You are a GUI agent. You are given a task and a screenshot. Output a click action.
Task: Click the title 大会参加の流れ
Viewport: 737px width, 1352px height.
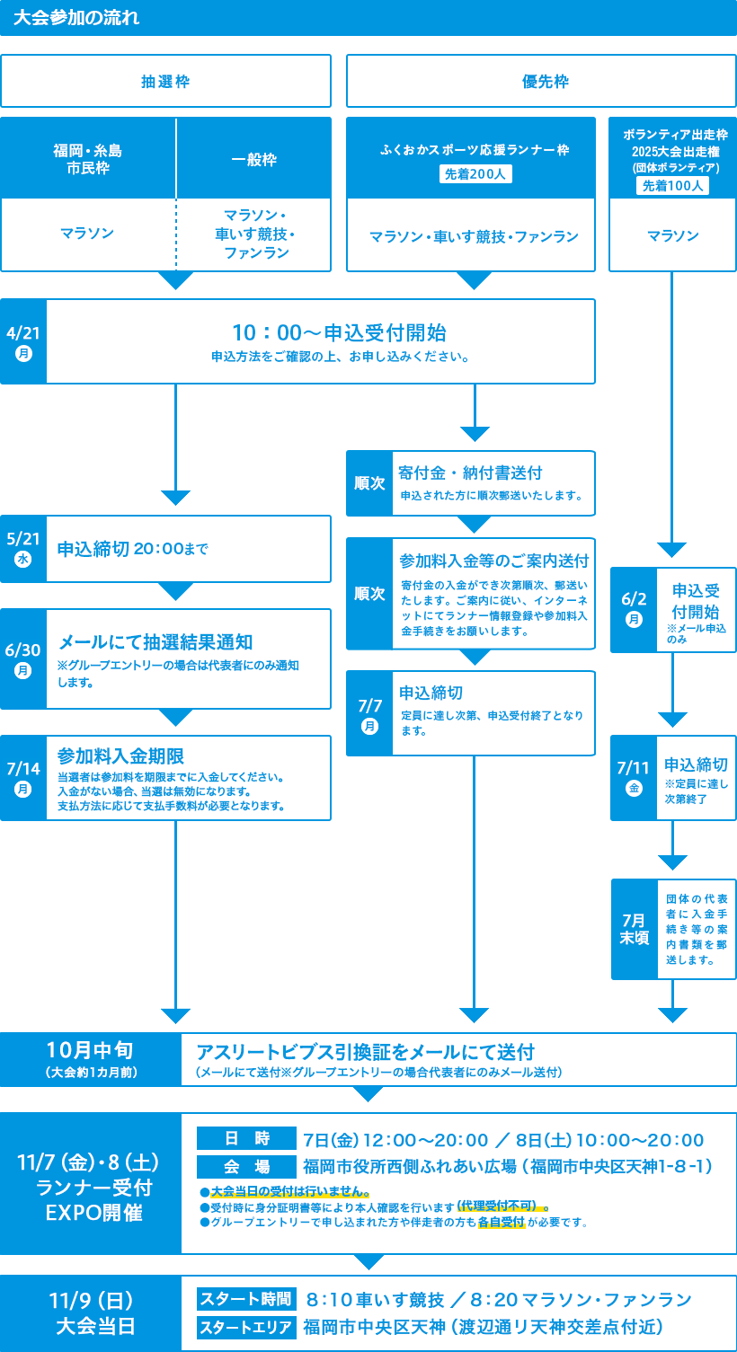[x=76, y=18]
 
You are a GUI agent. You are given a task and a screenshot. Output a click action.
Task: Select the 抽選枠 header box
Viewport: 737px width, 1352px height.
[x=165, y=81]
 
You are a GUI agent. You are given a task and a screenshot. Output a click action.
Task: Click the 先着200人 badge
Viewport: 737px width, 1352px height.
[x=475, y=174]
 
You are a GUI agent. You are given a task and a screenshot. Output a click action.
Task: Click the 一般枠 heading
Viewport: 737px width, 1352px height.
[x=253, y=160]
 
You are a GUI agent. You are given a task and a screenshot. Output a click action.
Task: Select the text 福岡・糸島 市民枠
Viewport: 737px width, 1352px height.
[x=88, y=159]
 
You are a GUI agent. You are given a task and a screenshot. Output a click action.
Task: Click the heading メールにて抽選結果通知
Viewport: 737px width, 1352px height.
[x=155, y=641]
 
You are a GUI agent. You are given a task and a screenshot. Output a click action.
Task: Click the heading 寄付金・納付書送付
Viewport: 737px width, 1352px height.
[x=471, y=473]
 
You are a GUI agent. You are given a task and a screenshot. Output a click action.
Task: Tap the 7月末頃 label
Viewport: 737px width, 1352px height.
[x=634, y=929]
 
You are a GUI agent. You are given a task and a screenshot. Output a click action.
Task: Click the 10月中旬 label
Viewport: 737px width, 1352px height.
[x=90, y=1050]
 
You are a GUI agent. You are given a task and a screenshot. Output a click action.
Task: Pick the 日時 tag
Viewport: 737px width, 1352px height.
[x=245, y=1139]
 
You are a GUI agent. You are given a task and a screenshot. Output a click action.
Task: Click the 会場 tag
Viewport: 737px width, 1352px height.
[x=245, y=1166]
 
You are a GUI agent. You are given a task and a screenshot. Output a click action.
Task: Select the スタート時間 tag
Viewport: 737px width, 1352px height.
[x=245, y=1299]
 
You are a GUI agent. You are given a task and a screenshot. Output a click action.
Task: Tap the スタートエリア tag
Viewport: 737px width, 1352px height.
[x=245, y=1327]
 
